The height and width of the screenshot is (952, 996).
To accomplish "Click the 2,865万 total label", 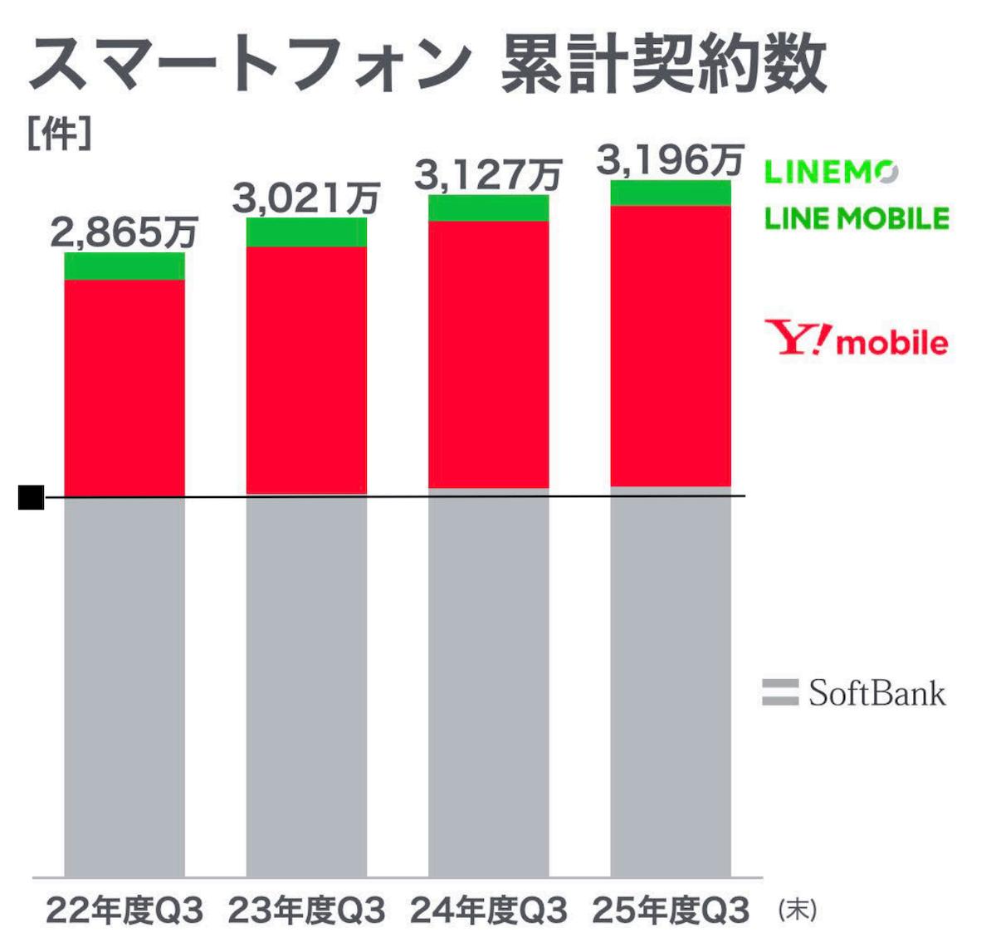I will (124, 232).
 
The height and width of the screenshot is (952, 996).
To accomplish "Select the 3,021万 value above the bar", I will (306, 198).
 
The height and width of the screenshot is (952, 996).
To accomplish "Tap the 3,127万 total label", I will (488, 175).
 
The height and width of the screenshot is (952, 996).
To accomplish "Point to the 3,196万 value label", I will (671, 160).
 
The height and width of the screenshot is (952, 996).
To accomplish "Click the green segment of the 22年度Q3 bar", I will (124, 266).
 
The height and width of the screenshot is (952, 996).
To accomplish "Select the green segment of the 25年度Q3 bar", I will (671, 193).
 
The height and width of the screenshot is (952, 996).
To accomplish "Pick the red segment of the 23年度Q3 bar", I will (306, 370).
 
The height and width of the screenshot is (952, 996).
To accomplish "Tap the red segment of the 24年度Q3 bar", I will (488, 354).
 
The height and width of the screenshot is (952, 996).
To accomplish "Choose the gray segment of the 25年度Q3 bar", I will (671, 681).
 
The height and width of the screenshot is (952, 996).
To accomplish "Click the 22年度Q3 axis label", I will (124, 911).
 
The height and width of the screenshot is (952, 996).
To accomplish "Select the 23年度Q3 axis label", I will (306, 911).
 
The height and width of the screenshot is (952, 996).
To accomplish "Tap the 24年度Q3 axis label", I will (488, 911).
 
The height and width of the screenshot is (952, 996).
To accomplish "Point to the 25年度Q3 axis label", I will (671, 911).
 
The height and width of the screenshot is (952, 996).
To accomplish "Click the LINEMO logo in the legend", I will (830, 172).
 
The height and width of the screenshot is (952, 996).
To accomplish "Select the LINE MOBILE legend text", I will (857, 218).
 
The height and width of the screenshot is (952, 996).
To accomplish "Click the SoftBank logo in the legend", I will (854, 692).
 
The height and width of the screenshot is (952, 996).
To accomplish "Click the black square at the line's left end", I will (32, 497).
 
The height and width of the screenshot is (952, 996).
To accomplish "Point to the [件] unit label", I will (58, 135).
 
